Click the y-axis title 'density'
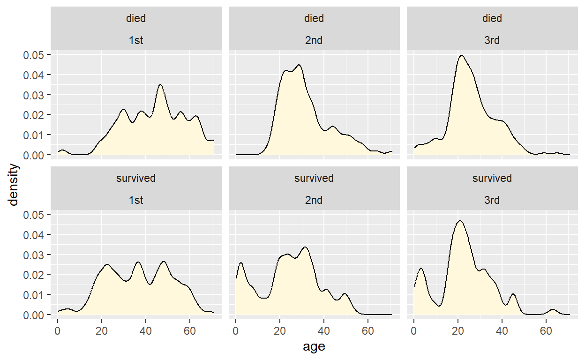tap(14, 184)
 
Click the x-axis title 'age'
tap(314, 347)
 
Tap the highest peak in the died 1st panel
tap(161, 85)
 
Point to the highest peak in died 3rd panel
tap(462, 55)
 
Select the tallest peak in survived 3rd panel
tap(460, 221)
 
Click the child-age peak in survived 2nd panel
tap(241, 263)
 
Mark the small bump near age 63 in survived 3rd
tap(553, 309)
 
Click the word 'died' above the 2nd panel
tap(314, 19)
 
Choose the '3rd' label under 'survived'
tap(492, 200)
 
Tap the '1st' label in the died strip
tap(136, 40)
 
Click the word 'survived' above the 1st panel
tap(136, 179)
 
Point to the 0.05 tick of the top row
tap(34, 55)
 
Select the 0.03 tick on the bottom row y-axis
tap(34, 255)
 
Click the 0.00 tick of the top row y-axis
tap(34, 155)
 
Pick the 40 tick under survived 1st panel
tap(146, 327)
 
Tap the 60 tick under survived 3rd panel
tap(546, 327)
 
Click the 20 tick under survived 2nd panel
tap(280, 327)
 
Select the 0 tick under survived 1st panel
tap(58, 327)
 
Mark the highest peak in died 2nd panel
tap(299, 65)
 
